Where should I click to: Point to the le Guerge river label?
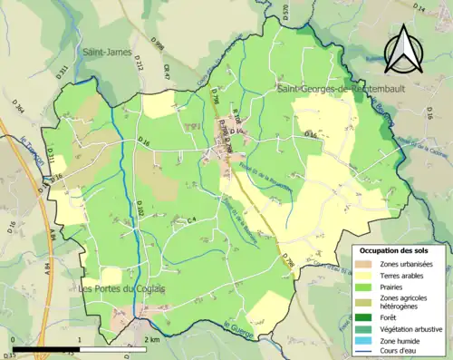235,327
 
